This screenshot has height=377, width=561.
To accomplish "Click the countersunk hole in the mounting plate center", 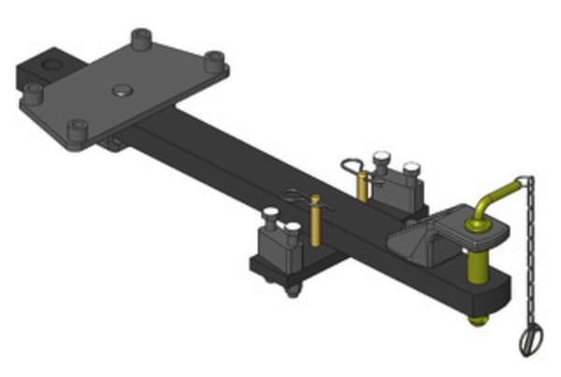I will tap(122, 91).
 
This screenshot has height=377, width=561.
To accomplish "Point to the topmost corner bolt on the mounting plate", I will tap(142, 38).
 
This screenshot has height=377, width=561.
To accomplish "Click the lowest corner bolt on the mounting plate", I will tap(76, 128).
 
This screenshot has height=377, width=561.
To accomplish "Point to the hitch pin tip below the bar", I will tap(478, 321).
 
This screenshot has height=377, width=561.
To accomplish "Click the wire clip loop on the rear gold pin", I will tap(352, 167).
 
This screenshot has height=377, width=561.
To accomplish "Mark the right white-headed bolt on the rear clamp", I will tap(410, 168).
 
